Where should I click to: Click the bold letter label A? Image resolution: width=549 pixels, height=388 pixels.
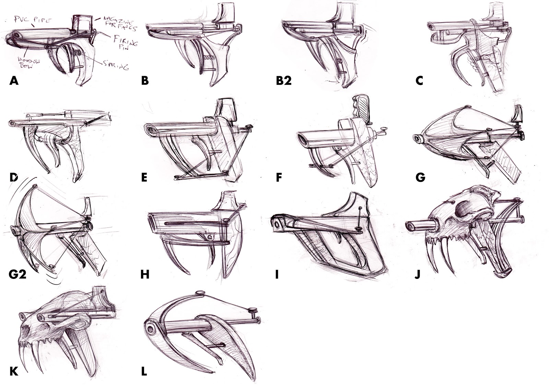coord(14,81)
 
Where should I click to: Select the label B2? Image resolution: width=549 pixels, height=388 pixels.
coord(284,81)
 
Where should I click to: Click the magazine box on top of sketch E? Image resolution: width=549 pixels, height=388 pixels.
coord(226,109)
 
